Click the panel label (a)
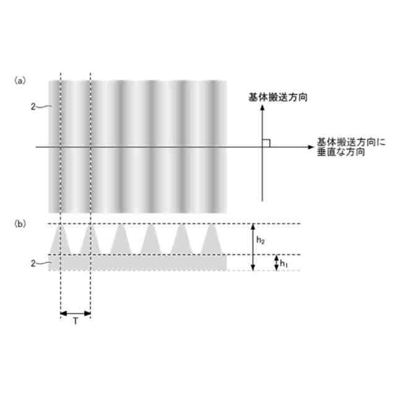[x=20, y=80]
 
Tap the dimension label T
[x=75, y=322]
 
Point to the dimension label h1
[x=284, y=263]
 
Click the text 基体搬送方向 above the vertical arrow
[x=278, y=98]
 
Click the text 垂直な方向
[x=340, y=152]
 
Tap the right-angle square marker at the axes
[x=266, y=143]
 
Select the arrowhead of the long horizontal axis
[x=311, y=147]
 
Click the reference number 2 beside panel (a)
[x=33, y=106]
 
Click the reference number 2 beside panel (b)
[x=33, y=264]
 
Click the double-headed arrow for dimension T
[x=75, y=313]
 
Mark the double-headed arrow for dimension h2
[x=252, y=247]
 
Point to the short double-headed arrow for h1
[x=276, y=263]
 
